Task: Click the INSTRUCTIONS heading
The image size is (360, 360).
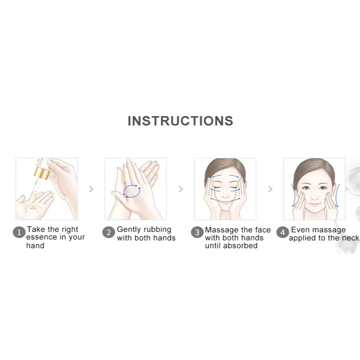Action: (180, 121)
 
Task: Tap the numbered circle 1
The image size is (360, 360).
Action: (19, 232)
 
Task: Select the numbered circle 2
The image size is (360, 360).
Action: (109, 232)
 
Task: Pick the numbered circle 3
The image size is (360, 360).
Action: (197, 232)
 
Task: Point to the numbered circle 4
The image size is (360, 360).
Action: (283, 232)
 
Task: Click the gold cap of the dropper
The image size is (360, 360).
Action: (42, 173)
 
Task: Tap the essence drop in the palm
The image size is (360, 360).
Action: (33, 208)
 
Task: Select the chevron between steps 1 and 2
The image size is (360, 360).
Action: (91, 189)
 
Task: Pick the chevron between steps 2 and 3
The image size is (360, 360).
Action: (181, 189)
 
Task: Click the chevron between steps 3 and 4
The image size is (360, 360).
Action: (270, 189)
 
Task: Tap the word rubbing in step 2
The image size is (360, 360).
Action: (157, 230)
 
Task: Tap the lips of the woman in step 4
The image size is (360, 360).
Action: (314, 204)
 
